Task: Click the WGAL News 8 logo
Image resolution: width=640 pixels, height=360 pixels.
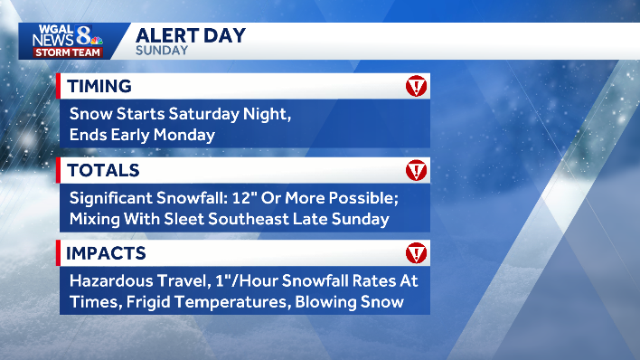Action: (67, 40)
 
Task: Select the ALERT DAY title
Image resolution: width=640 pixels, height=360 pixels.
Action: (191, 35)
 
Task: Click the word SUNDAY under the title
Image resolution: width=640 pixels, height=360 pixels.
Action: (162, 51)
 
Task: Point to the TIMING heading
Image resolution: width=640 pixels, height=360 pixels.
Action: (100, 86)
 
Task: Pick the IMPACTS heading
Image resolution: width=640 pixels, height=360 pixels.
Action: (108, 252)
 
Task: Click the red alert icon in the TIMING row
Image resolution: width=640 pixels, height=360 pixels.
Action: (416, 87)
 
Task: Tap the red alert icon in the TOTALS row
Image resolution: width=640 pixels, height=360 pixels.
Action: (416, 170)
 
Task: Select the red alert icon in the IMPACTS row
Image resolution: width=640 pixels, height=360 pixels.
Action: (416, 253)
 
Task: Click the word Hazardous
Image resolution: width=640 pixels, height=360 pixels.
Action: (112, 281)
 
